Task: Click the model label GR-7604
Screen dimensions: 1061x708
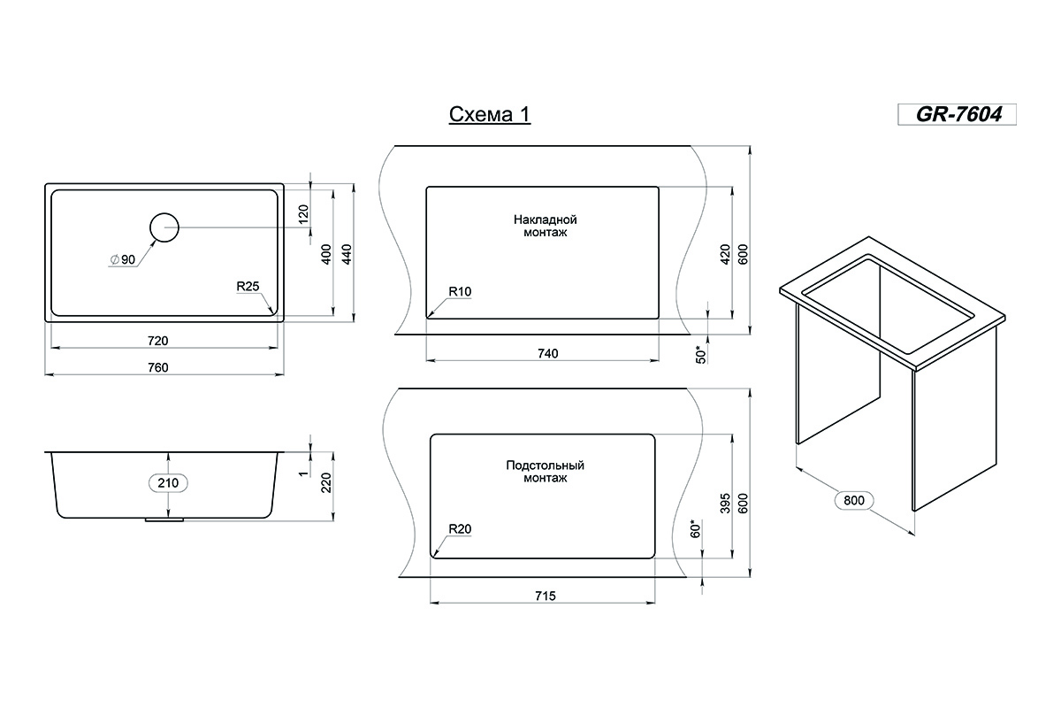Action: (959, 114)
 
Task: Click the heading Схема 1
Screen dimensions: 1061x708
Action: (490, 114)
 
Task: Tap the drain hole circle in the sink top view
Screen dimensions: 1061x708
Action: (164, 213)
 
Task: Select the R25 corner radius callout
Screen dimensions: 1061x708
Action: (248, 287)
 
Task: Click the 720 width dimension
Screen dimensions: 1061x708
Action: (157, 341)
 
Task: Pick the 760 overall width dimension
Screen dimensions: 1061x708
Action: (157, 367)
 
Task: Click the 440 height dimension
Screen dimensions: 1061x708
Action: (347, 254)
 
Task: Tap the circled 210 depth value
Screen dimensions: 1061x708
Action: (168, 482)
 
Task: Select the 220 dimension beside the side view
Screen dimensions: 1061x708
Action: (326, 482)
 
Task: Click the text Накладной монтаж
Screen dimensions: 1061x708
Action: (546, 226)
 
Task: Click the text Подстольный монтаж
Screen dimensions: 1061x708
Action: (546, 472)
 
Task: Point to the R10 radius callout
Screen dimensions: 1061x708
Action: (460, 292)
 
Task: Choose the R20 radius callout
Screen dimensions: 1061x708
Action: (460, 528)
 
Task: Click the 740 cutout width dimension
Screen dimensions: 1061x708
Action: (548, 353)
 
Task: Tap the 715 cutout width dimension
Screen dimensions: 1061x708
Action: (546, 596)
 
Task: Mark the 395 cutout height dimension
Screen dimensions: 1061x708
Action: (725, 504)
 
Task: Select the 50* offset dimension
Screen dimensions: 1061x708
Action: (700, 354)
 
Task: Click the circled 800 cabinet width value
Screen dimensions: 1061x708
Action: (854, 500)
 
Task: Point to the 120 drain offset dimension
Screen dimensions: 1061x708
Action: (303, 214)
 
